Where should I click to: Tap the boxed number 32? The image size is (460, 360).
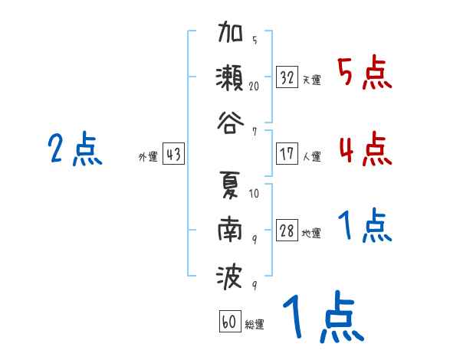click(x=287, y=77)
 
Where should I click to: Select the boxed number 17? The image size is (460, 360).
click(x=287, y=153)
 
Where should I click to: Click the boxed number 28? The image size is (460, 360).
click(x=287, y=231)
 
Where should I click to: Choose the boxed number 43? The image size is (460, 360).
click(x=173, y=155)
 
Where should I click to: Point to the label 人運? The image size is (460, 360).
click(x=311, y=157)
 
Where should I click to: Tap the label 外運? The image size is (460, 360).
click(x=148, y=158)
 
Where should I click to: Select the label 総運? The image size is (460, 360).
click(x=255, y=325)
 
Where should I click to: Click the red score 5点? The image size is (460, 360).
click(x=364, y=74)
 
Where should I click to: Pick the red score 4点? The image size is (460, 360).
click(x=364, y=149)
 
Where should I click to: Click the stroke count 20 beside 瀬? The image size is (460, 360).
click(x=254, y=86)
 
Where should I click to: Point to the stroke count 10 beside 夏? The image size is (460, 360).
click(x=254, y=194)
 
